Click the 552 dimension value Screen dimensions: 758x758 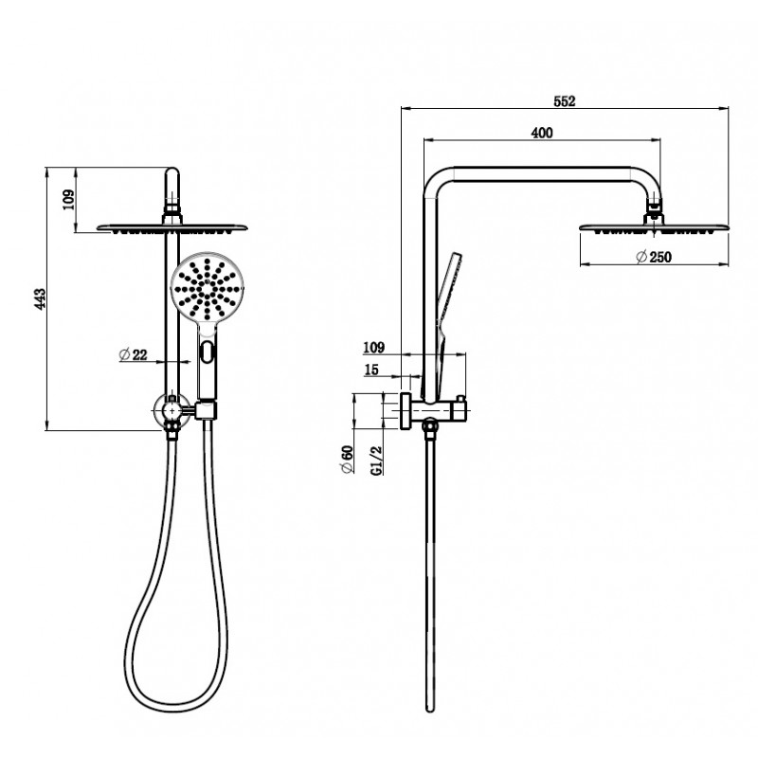pyautogui.click(x=564, y=101)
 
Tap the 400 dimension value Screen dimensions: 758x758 pyautogui.click(x=542, y=133)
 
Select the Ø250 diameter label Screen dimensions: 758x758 pyautogui.click(x=654, y=257)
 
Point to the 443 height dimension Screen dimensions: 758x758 pyautogui.click(x=40, y=298)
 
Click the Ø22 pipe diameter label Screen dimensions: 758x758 pyautogui.click(x=133, y=354)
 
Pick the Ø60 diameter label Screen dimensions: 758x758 pyautogui.click(x=347, y=460)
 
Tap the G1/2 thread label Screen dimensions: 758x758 pyautogui.click(x=376, y=460)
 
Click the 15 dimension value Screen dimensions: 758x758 pyautogui.click(x=371, y=370)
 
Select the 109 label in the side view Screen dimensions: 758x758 pyautogui.click(x=373, y=347)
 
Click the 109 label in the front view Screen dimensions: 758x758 pyautogui.click(x=68, y=200)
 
